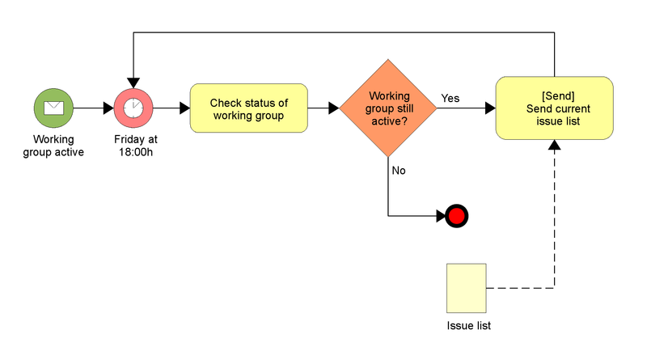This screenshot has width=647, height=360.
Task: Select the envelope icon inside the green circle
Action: click(53, 108)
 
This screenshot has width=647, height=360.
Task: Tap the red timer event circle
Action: click(133, 108)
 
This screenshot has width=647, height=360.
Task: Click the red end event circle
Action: click(456, 216)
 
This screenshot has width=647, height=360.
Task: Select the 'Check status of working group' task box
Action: click(248, 108)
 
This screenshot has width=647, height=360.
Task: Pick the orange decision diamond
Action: click(388, 108)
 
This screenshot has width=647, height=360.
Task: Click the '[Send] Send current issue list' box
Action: click(554, 108)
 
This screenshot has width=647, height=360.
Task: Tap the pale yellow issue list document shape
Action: click(467, 288)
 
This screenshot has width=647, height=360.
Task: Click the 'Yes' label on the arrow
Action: click(450, 98)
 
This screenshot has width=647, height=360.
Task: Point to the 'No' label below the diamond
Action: click(399, 171)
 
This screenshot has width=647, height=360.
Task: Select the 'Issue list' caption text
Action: click(469, 326)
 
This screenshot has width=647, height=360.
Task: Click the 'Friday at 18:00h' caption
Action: click(135, 145)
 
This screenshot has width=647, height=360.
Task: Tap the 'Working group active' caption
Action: click(53, 145)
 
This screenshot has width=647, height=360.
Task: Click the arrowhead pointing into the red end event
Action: click(440, 216)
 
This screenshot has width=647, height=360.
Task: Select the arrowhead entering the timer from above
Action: click(133, 83)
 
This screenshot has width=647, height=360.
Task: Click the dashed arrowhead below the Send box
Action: click(554, 145)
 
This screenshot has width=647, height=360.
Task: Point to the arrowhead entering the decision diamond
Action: click(333, 108)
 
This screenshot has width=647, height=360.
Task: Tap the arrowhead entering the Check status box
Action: click(184, 108)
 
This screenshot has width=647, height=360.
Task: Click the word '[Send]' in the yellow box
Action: click(554, 95)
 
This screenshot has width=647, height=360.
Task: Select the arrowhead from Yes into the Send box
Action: click(490, 108)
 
